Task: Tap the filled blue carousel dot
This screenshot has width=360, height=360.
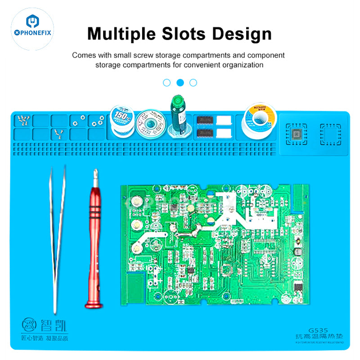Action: (x=180, y=82)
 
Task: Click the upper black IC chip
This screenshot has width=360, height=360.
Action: (x=205, y=120)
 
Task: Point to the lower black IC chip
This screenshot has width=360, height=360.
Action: (x=205, y=133)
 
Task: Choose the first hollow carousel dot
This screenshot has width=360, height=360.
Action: (x=167, y=82)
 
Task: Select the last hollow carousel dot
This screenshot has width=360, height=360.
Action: (x=193, y=82)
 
